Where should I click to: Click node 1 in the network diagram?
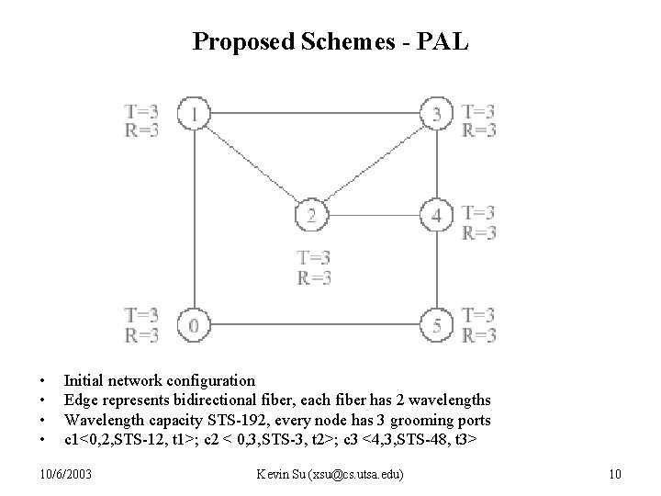(x=194, y=115)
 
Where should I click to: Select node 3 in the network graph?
(x=435, y=115)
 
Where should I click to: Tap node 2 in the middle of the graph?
(x=311, y=216)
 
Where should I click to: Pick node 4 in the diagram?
(x=435, y=216)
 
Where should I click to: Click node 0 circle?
(x=194, y=325)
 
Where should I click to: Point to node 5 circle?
(x=435, y=325)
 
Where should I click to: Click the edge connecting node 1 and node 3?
(x=314, y=115)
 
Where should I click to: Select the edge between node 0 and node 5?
(x=314, y=325)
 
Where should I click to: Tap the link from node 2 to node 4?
(x=373, y=216)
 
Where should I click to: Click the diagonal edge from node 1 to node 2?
(x=252, y=165)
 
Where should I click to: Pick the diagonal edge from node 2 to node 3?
(x=373, y=165)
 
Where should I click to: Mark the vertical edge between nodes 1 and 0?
(x=194, y=220)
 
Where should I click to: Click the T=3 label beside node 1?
(x=141, y=112)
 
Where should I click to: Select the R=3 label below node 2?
(x=314, y=276)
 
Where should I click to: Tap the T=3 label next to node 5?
(x=479, y=316)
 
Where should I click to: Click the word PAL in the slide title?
(x=445, y=41)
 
